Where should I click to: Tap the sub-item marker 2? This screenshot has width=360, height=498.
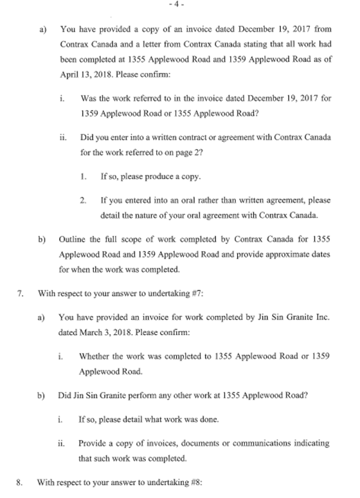coord(83,201)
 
